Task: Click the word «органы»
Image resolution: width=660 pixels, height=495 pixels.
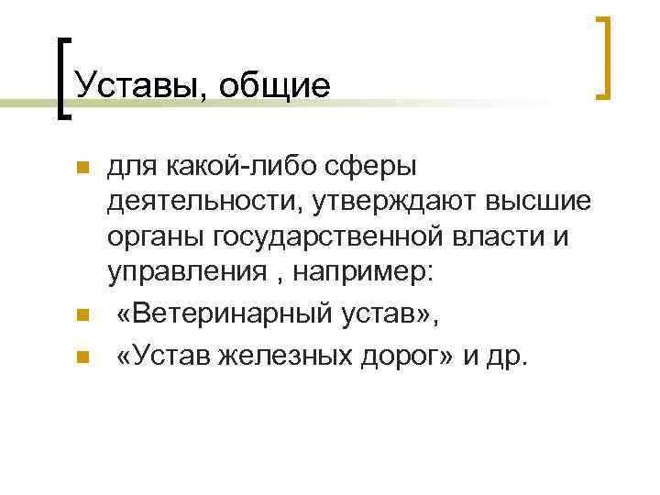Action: (155, 237)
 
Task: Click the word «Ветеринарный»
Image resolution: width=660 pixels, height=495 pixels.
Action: (249, 316)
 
